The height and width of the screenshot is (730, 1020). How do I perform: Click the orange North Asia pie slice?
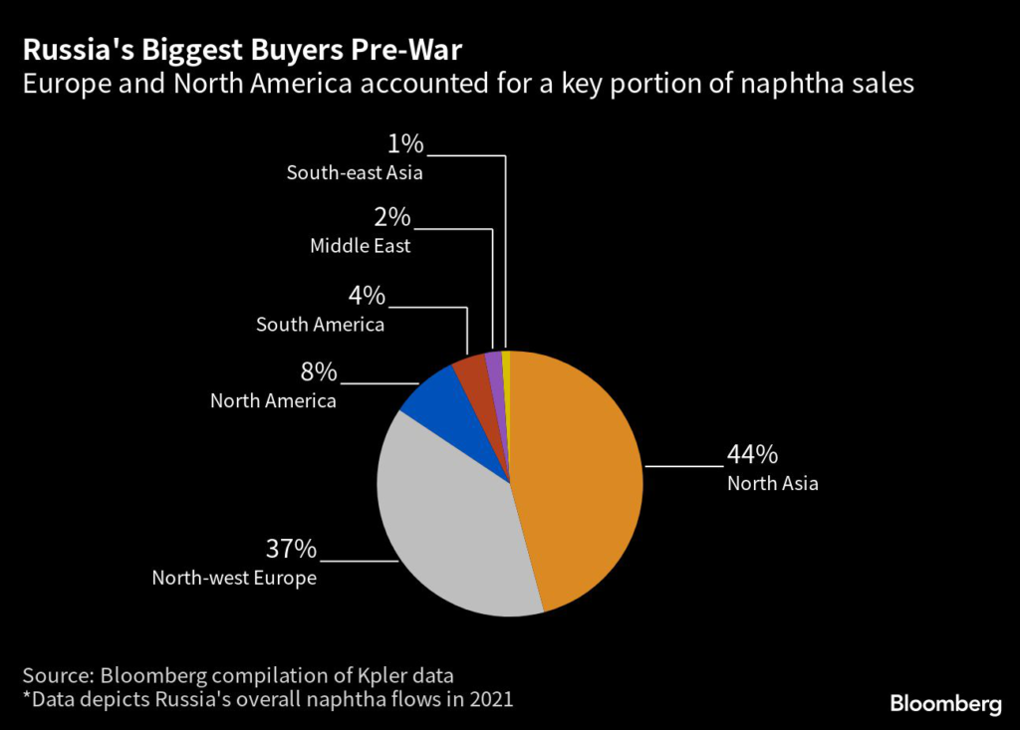(x=583, y=478)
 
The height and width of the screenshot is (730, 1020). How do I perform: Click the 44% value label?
(x=752, y=455)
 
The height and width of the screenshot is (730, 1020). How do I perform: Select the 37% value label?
(x=291, y=549)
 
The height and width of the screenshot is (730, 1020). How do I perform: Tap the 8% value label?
(x=320, y=372)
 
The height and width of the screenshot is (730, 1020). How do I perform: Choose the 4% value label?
(x=368, y=296)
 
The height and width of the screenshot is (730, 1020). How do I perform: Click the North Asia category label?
(x=772, y=485)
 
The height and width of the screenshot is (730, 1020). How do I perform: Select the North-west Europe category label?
(x=233, y=578)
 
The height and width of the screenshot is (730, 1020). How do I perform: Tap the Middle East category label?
(x=360, y=246)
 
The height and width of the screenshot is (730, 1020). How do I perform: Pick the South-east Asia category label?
(x=355, y=172)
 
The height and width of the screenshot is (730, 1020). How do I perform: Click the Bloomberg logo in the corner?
(x=945, y=704)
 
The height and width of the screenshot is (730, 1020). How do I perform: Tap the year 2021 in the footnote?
(x=489, y=699)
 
